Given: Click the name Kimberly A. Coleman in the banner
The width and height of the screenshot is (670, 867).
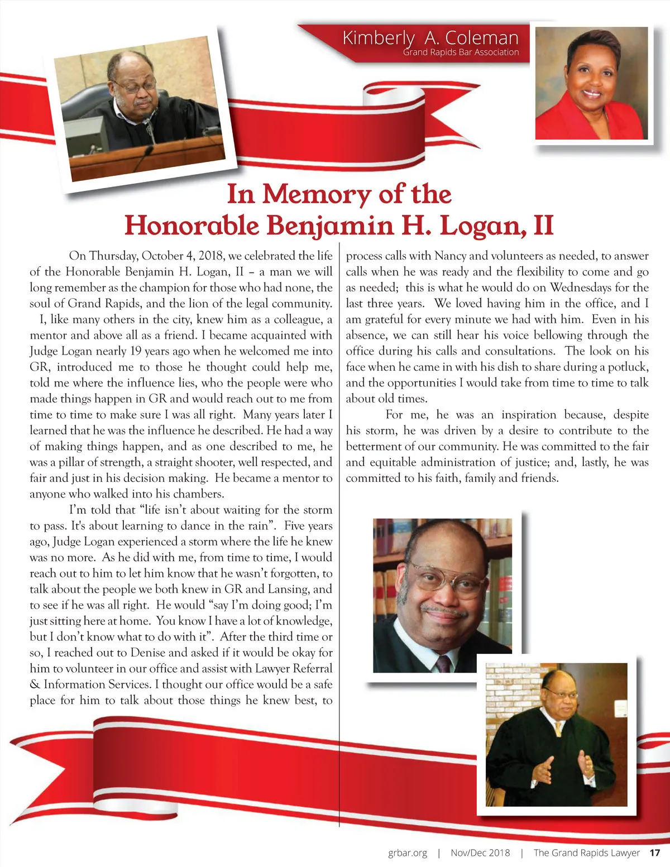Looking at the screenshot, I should click(430, 38).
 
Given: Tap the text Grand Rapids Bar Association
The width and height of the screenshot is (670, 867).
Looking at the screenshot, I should click(461, 52).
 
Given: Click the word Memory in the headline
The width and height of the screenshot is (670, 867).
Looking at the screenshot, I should click(316, 194).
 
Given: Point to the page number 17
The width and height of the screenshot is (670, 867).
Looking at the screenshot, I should click(654, 852).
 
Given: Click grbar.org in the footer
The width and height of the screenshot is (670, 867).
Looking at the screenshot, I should click(408, 852).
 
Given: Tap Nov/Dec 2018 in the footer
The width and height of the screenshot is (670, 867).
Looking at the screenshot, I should click(480, 852).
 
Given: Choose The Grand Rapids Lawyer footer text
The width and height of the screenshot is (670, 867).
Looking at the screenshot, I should click(586, 852).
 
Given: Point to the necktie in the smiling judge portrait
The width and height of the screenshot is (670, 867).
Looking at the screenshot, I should click(443, 663).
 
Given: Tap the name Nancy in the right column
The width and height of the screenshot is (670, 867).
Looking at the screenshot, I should click(450, 256).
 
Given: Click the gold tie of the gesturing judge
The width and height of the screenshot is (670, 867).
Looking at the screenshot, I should click(558, 728).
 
